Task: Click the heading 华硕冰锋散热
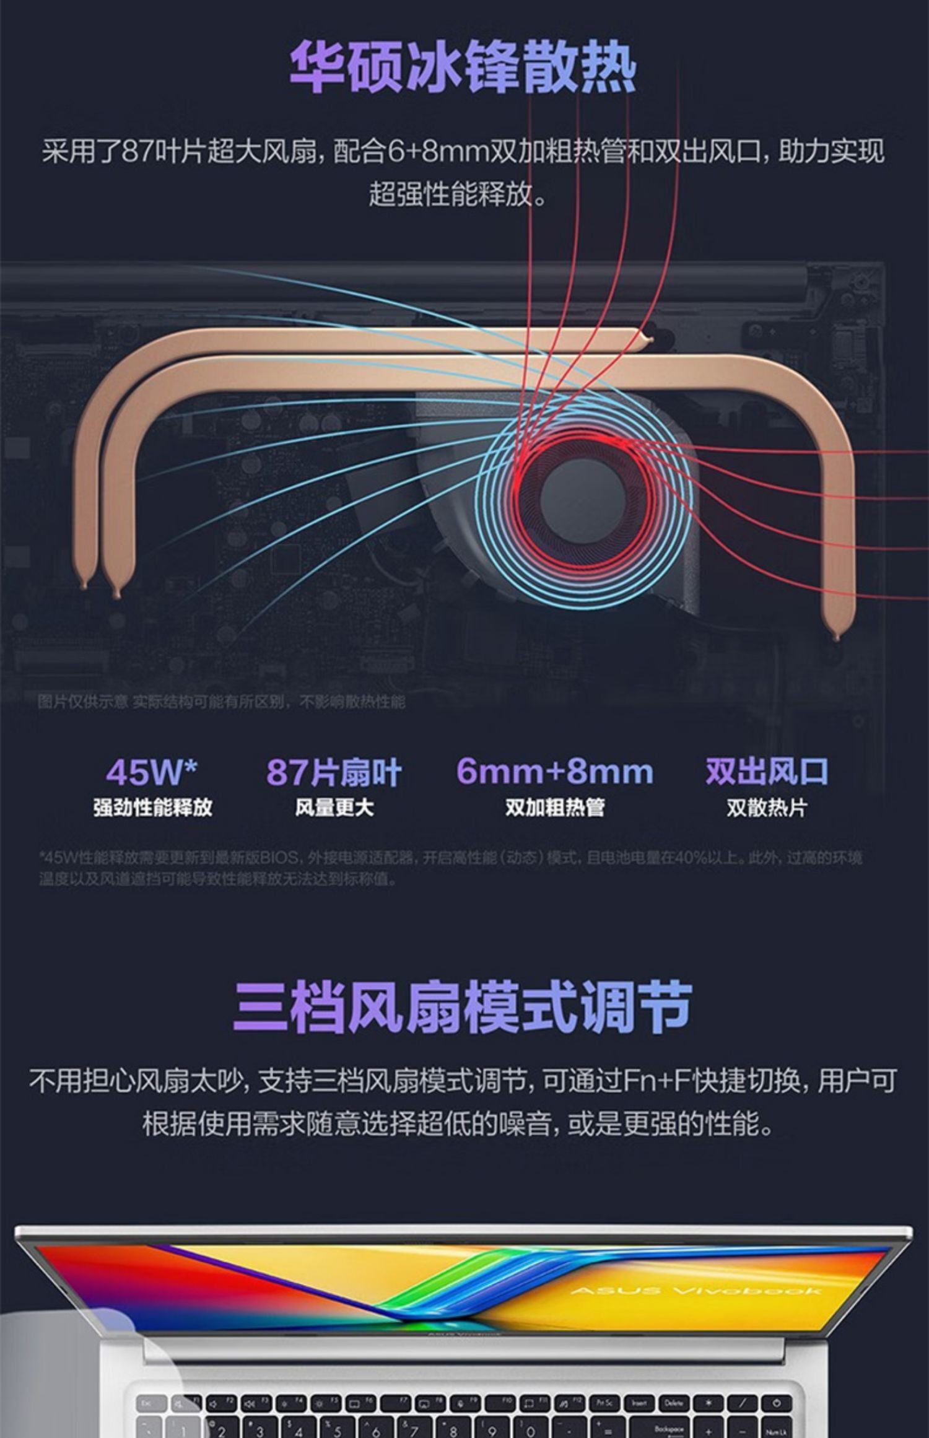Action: click(x=463, y=68)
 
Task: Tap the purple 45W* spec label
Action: click(x=152, y=772)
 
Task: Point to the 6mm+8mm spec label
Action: click(x=554, y=772)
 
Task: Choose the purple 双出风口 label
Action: click(x=767, y=772)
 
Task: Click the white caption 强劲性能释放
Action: click(x=152, y=808)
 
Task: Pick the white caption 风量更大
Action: click(x=334, y=808)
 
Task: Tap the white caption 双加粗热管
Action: click(x=554, y=808)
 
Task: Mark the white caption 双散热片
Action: click(x=767, y=808)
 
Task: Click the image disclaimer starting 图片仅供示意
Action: click(x=221, y=702)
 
